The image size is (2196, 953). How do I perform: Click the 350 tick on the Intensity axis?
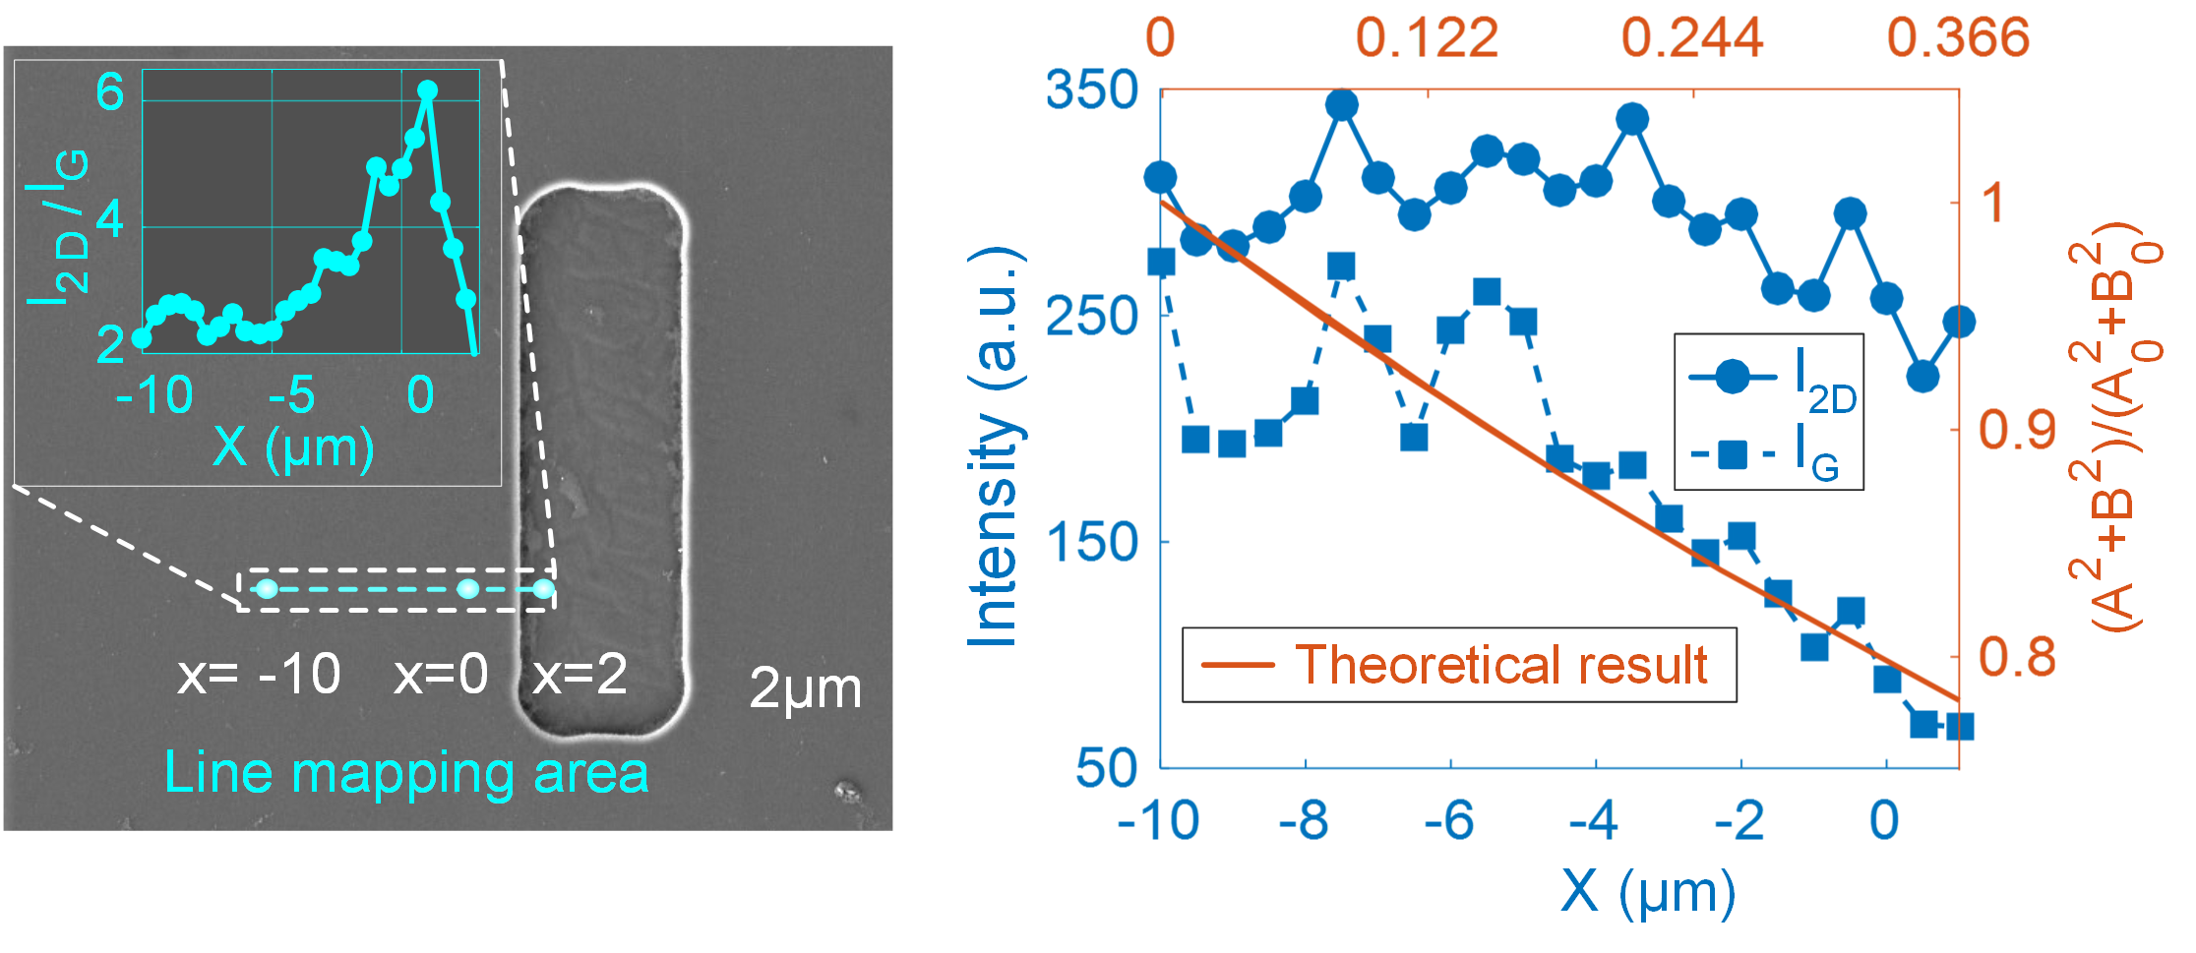pos(1091,90)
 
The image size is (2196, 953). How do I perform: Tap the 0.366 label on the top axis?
pos(1957,37)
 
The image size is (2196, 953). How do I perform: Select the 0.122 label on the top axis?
pos(1427,37)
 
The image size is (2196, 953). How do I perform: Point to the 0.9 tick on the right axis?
pos(2017,430)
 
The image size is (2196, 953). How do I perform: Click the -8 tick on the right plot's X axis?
pos(1305,820)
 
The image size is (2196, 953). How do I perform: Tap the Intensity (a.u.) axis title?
pos(994,447)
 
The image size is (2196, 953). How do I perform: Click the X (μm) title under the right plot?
pos(1648,892)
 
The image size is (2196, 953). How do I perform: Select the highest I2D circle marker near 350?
pos(1342,104)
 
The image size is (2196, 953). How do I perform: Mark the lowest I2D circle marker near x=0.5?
pos(1922,376)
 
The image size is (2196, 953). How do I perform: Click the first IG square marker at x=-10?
pos(1162,263)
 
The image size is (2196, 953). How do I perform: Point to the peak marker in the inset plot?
pos(427,90)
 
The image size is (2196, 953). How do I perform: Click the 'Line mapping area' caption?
pos(406,772)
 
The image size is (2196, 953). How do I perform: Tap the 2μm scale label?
pos(805,688)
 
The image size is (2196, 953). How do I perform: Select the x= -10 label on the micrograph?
pos(259,675)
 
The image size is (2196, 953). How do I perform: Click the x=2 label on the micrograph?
pos(579,675)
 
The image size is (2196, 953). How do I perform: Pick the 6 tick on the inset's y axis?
pos(109,93)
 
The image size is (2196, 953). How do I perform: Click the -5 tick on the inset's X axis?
pos(292,395)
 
